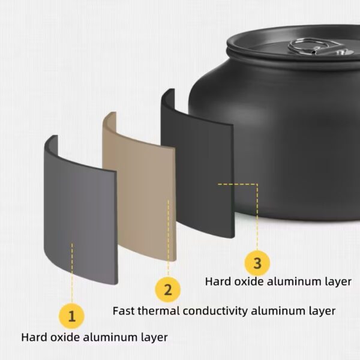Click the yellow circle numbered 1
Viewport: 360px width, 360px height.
click(72, 316)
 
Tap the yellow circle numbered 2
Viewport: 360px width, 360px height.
click(168, 289)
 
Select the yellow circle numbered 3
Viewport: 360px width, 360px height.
click(257, 263)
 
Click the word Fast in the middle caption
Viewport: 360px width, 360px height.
click(124, 311)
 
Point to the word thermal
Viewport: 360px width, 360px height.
click(159, 311)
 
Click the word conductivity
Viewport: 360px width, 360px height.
click(215, 311)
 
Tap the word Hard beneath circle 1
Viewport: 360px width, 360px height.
click(34, 337)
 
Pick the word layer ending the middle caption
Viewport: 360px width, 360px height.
click(322, 311)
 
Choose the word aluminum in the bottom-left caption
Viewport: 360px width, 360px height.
click(110, 337)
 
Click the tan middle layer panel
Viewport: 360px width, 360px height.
click(140, 186)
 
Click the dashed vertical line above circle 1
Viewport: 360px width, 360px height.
click(72, 273)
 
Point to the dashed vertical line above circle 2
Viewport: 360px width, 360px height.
click(168, 238)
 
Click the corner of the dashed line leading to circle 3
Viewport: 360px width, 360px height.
click(257, 184)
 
